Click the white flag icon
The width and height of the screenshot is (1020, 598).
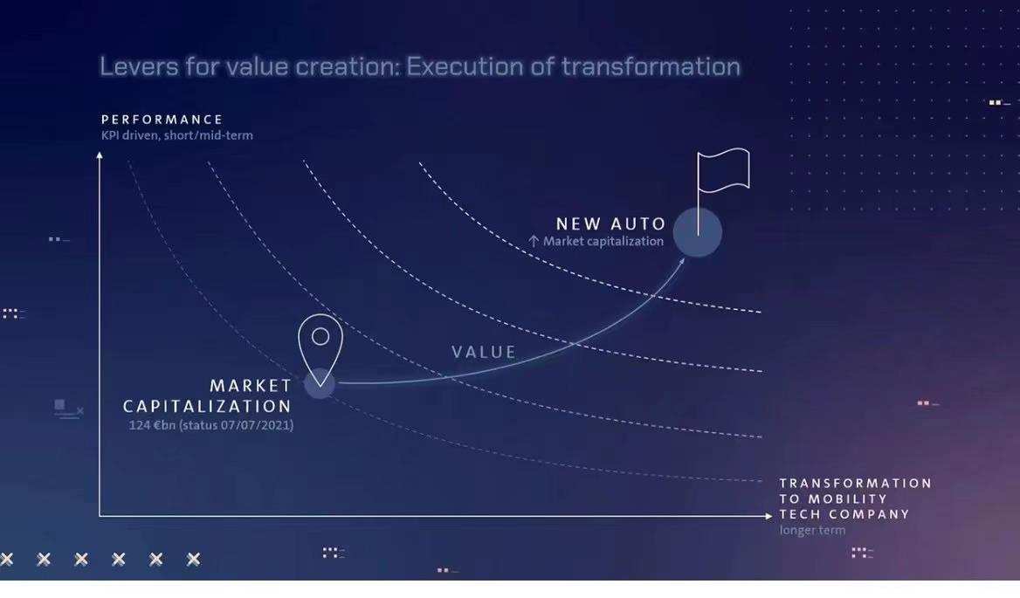pyautogui.click(x=723, y=171)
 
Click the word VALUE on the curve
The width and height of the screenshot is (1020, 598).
pyautogui.click(x=484, y=352)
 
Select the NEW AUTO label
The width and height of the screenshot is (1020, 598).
pyautogui.click(x=610, y=223)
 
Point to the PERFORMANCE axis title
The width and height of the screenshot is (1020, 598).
pyautogui.click(x=162, y=120)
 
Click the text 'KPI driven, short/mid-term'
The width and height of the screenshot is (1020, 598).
pyautogui.click(x=177, y=135)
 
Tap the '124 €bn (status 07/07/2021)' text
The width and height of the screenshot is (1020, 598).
pyautogui.click(x=210, y=425)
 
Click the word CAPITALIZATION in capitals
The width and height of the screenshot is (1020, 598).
pyautogui.click(x=207, y=406)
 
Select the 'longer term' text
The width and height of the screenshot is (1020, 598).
pyautogui.click(x=812, y=530)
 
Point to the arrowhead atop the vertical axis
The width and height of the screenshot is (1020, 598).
pyautogui.click(x=100, y=155)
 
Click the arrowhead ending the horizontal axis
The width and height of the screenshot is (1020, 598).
pyautogui.click(x=768, y=516)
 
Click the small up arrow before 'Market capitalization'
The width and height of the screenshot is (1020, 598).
pyautogui.click(x=534, y=241)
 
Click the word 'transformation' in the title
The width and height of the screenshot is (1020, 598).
pyautogui.click(x=651, y=66)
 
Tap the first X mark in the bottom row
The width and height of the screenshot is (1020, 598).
pyautogui.click(x=6, y=559)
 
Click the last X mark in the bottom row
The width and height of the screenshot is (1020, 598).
pyautogui.click(x=193, y=559)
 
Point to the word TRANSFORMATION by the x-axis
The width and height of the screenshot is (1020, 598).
pyautogui.click(x=856, y=483)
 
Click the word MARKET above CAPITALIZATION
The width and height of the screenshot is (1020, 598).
pyautogui.click(x=251, y=386)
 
